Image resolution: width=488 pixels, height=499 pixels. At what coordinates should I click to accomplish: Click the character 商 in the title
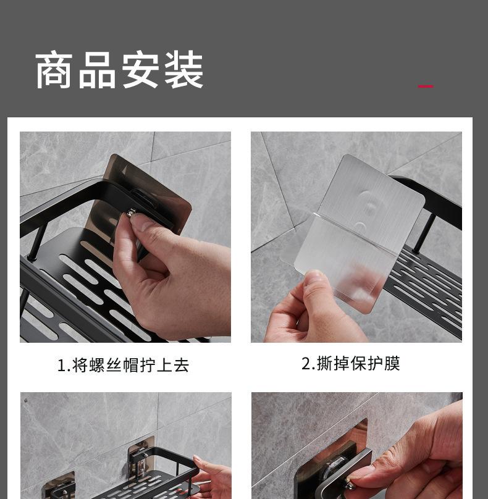[x=54, y=70]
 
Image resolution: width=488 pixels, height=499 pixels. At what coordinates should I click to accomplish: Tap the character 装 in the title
[x=184, y=70]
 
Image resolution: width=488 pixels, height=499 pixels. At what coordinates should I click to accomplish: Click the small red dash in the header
[x=426, y=86]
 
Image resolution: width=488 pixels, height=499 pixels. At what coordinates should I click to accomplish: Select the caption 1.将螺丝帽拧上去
[x=123, y=365]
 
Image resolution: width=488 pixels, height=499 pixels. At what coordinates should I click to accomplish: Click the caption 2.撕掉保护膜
[x=350, y=363]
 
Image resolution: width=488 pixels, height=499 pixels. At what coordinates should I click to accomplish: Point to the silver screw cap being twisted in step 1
[x=132, y=212]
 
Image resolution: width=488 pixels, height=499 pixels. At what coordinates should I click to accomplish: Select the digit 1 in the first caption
[x=61, y=366]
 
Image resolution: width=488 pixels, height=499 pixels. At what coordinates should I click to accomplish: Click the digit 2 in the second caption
[x=306, y=364]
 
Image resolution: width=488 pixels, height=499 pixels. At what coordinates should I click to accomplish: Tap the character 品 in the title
[x=97, y=70]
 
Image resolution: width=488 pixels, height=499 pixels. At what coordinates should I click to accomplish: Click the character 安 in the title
[x=140, y=70]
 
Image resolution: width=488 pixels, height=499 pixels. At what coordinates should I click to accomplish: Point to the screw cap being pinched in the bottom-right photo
[x=350, y=485]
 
